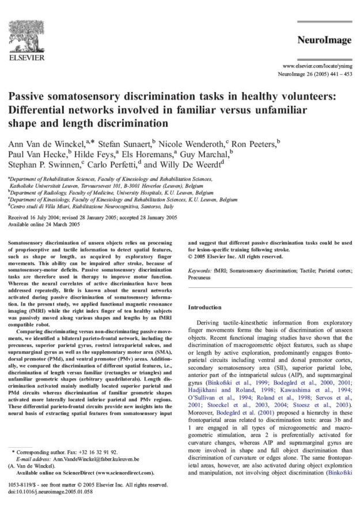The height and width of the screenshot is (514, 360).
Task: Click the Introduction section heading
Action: pos(205,307)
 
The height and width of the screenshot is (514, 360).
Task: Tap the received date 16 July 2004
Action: pos(46,218)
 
